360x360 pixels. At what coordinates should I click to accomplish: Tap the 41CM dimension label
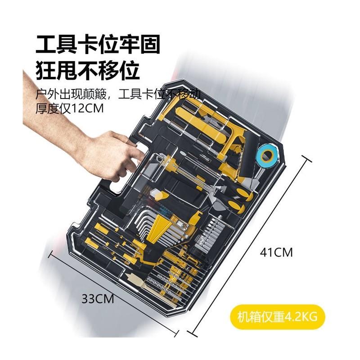click(x=276, y=252)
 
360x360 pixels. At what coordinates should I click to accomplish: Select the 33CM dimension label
click(x=98, y=297)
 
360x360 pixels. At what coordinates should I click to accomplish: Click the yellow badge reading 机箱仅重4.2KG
click(x=278, y=316)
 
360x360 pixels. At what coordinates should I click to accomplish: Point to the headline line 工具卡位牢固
click(x=98, y=45)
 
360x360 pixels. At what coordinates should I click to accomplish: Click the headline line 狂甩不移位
click(x=87, y=71)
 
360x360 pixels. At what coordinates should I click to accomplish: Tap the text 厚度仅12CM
click(x=70, y=109)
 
